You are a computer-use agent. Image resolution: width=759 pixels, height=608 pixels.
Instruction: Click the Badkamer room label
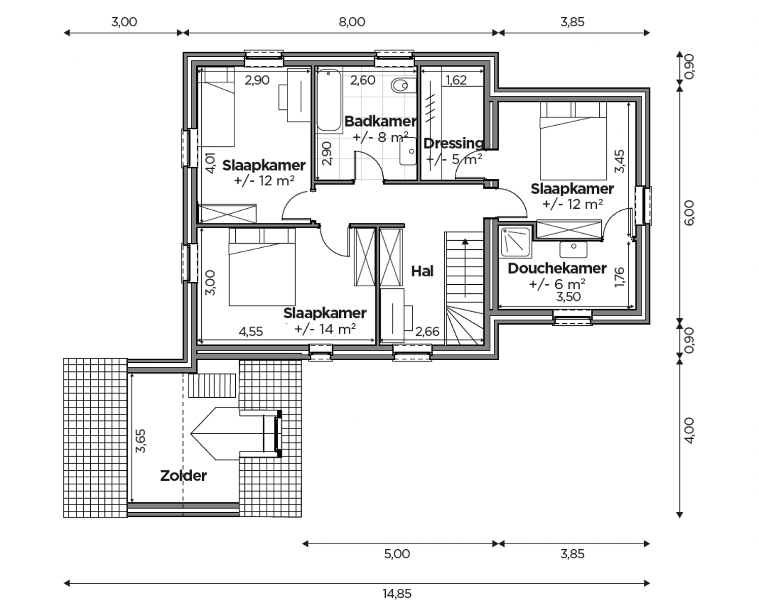[380, 121]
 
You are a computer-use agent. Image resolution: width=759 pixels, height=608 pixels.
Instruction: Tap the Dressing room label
[453, 143]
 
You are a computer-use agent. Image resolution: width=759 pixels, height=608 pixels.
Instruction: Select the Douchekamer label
[557, 269]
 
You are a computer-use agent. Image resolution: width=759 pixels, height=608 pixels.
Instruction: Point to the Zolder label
[183, 476]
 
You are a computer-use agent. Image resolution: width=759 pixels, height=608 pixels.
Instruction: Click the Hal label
[422, 272]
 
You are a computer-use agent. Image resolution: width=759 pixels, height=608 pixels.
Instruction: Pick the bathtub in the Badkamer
[329, 100]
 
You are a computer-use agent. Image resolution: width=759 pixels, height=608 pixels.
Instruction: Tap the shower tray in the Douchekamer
[515, 242]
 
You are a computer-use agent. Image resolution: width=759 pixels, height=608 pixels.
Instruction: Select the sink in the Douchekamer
[573, 249]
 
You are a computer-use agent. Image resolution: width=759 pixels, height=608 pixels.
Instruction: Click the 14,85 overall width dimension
[396, 593]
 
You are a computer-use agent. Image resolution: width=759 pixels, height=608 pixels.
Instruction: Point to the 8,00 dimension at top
[351, 22]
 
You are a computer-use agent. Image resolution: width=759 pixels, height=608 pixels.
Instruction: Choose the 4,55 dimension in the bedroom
[250, 331]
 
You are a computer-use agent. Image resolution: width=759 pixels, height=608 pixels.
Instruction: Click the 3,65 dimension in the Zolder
[141, 440]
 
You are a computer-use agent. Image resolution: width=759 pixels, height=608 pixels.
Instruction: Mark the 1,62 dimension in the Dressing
[456, 80]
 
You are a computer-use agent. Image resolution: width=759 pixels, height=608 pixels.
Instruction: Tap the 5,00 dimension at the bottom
[396, 554]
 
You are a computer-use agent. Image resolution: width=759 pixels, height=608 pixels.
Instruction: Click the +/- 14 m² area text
[324, 329]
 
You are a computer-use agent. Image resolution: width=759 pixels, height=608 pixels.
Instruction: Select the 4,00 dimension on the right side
[690, 430]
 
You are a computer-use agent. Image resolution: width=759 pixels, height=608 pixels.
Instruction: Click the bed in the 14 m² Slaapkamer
[262, 268]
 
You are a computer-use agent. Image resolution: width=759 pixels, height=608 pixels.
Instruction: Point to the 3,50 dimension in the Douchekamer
[568, 297]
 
